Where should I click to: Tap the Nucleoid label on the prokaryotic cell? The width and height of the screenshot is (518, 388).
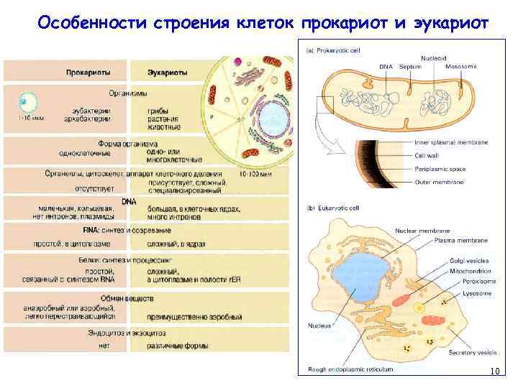point(434,57)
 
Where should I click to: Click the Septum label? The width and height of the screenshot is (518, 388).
point(410,66)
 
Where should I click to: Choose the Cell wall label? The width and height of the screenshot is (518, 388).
point(427,155)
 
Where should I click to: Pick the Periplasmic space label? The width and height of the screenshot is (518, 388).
point(440,169)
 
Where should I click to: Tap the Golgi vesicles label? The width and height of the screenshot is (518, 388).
point(468,260)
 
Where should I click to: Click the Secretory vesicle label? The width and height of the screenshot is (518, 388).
point(473,353)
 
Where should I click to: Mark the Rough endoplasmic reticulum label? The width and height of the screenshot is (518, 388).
point(350,369)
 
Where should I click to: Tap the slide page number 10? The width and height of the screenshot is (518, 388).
point(494,371)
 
